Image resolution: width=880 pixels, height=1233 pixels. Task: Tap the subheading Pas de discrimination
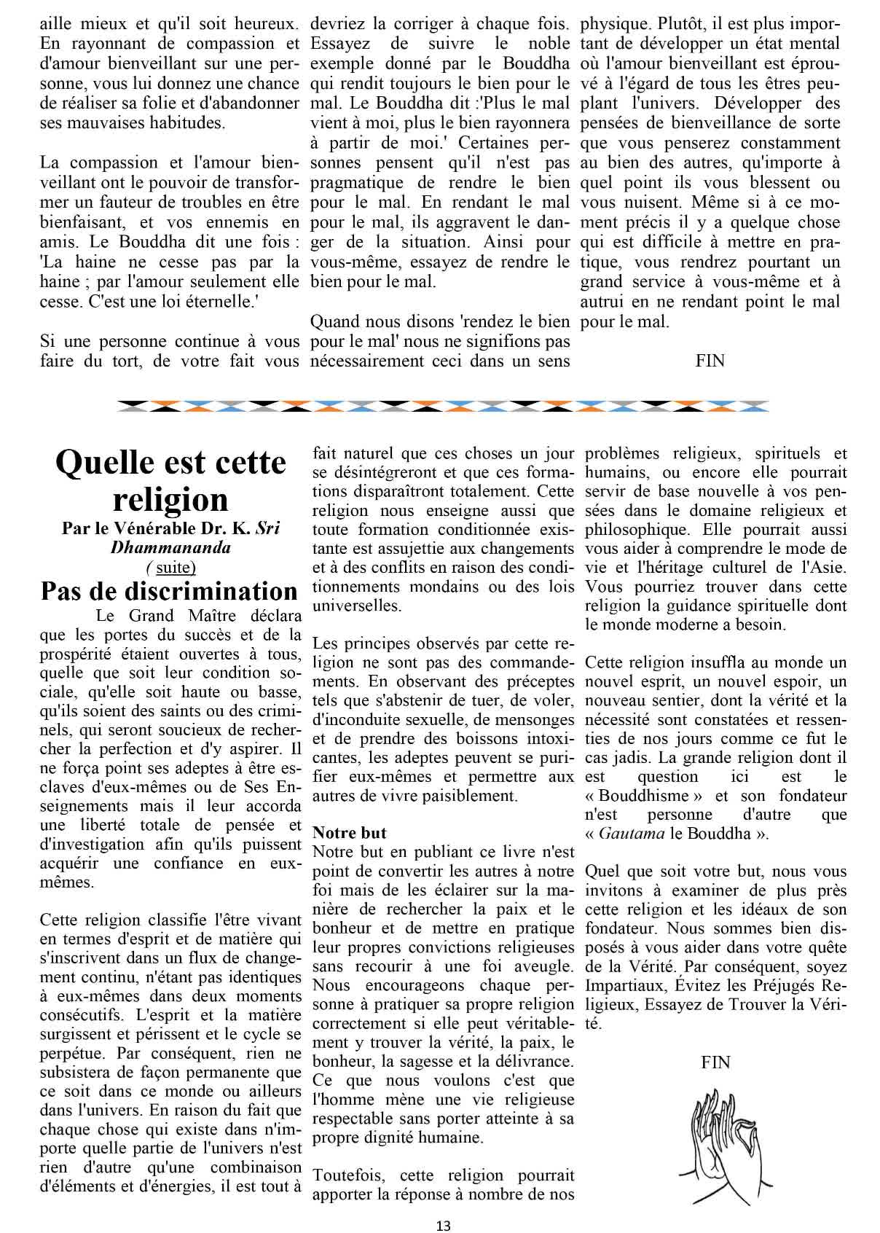(169, 591)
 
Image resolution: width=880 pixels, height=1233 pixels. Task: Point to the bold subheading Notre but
(349, 832)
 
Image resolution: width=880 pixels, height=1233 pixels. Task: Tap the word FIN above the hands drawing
(715, 1062)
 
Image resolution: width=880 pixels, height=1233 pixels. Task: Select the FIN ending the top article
(710, 360)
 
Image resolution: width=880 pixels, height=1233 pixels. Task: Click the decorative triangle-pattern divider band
(442, 405)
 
